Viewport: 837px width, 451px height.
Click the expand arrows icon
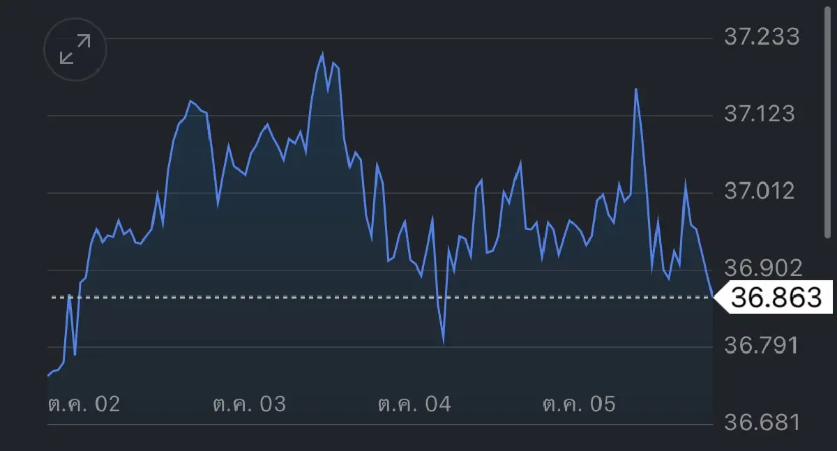tap(75, 49)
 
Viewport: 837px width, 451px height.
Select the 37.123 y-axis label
tap(760, 114)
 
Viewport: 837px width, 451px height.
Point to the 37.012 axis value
tap(760, 191)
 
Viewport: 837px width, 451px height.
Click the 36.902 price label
tap(763, 268)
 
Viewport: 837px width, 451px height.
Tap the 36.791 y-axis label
tap(762, 345)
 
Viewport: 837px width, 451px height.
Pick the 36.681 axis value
tap(762, 422)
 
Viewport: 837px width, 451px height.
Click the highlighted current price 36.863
tap(776, 297)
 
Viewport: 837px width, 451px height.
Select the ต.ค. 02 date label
tap(84, 404)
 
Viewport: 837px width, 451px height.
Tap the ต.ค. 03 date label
tap(249, 404)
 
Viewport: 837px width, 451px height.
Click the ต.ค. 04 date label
tap(414, 404)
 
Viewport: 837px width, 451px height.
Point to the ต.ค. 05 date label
tap(579, 404)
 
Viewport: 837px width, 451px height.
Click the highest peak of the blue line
tap(322, 54)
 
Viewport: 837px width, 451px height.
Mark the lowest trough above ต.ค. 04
tap(444, 343)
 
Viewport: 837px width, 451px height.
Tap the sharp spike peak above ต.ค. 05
tap(635, 89)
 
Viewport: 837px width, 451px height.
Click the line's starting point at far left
tap(48, 376)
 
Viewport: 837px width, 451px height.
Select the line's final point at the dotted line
tap(713, 297)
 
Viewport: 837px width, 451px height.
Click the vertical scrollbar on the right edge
tap(827, 122)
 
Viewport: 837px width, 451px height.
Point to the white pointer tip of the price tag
tap(714, 297)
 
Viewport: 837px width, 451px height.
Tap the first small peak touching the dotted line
tap(70, 295)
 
